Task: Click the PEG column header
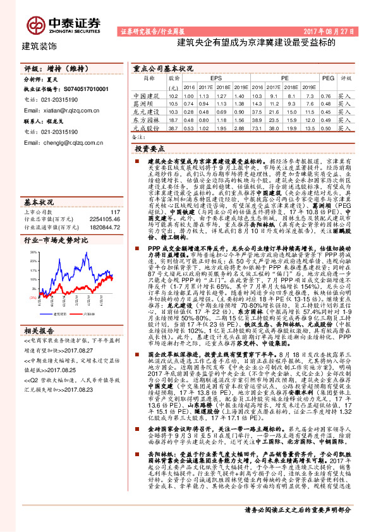[327, 79]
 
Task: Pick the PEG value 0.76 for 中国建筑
[327, 95]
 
